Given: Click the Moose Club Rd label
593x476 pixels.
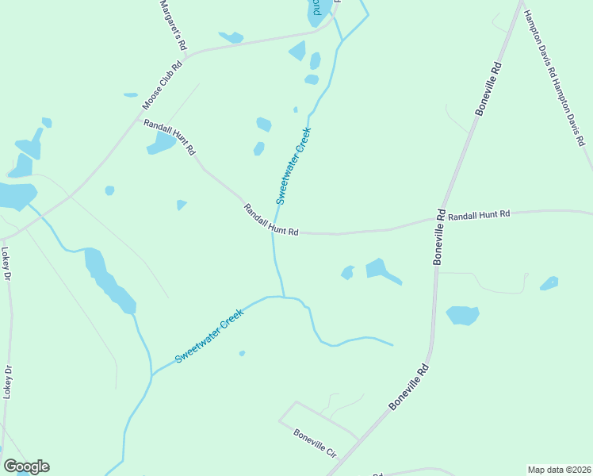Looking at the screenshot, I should click(x=162, y=86).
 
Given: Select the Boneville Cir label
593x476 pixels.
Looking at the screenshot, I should click(x=316, y=443).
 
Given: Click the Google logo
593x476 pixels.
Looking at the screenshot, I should click(x=26, y=466).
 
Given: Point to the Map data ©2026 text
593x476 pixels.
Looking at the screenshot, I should click(x=559, y=470).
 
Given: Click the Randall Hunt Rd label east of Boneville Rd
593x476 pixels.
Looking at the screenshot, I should click(x=478, y=214).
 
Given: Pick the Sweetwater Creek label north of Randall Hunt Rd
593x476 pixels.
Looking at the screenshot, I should click(x=293, y=166).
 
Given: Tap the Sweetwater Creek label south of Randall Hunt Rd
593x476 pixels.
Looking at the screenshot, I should click(x=209, y=336).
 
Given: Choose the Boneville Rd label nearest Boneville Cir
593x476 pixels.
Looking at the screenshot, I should click(x=409, y=386).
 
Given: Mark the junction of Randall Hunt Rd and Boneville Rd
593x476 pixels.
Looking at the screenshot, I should click(x=441, y=221).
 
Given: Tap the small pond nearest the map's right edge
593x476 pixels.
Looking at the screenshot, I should click(x=549, y=283).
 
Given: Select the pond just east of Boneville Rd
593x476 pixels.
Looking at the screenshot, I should click(x=462, y=315).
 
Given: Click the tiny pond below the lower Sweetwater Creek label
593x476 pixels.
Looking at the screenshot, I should click(x=242, y=353).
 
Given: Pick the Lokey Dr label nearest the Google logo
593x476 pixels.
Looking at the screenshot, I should click(x=7, y=381).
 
